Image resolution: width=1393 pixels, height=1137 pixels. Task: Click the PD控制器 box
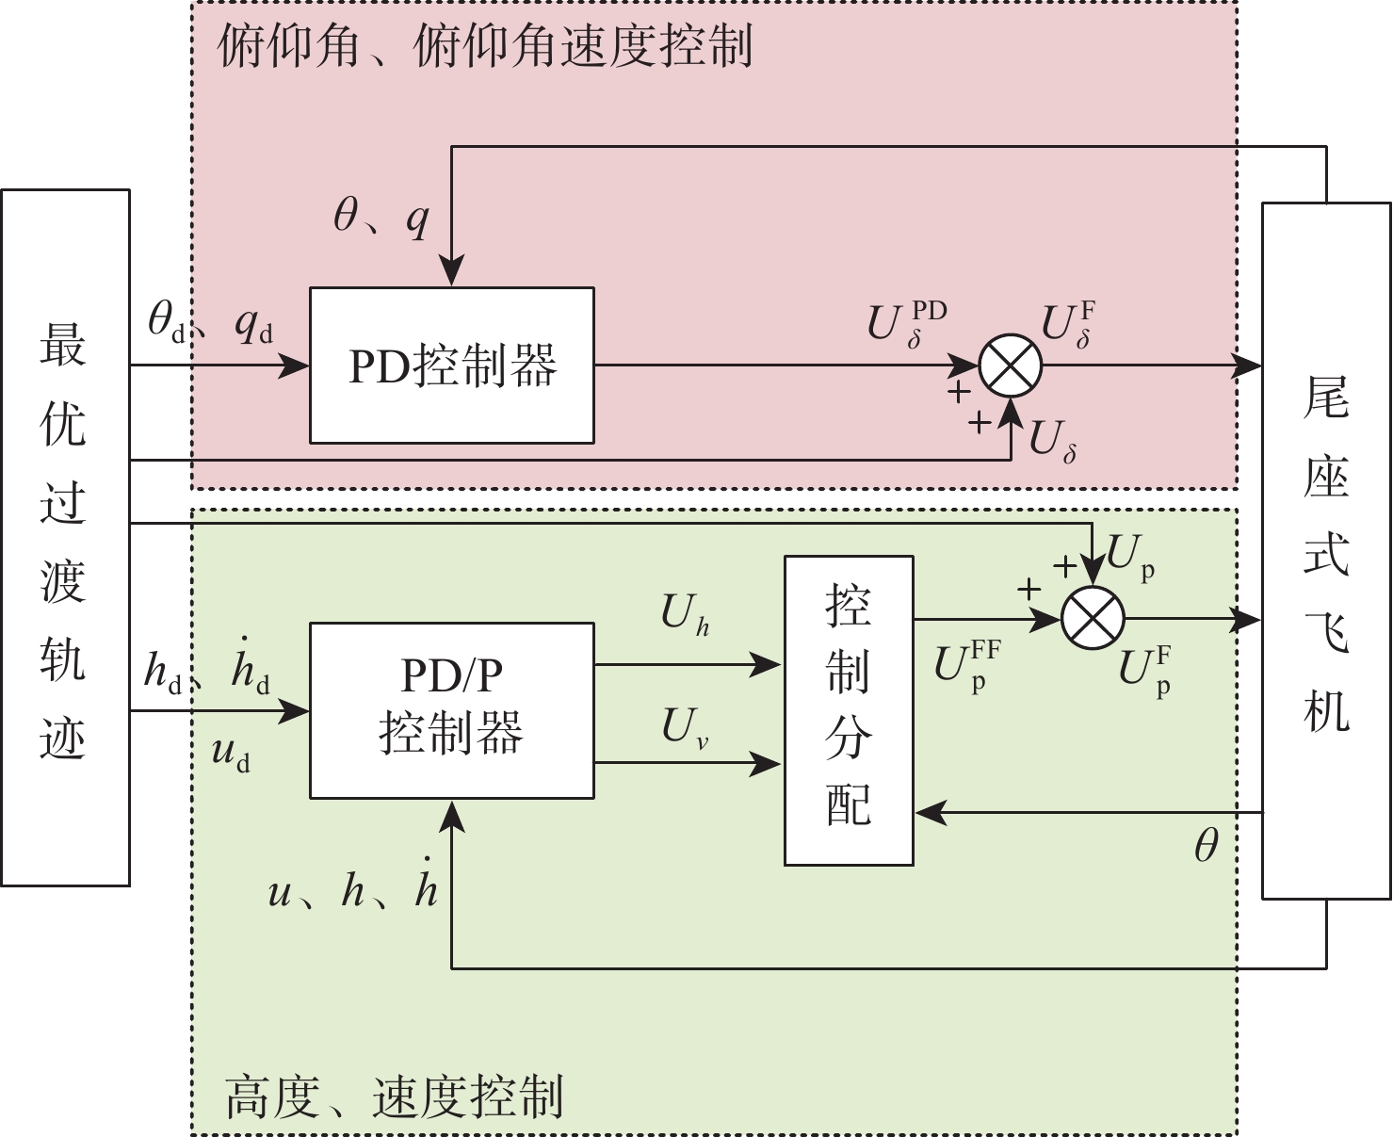[x=452, y=365]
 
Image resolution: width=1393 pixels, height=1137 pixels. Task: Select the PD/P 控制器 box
[x=452, y=709]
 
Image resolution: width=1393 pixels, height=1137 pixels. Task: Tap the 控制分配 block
[x=849, y=709]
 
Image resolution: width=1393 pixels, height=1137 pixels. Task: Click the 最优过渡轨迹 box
[x=64, y=537]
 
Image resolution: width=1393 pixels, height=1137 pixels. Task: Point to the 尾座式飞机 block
[x=1326, y=551]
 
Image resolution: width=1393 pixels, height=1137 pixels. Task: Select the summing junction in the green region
[x=1093, y=619]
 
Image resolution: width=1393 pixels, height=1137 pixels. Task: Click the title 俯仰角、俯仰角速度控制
[x=485, y=45]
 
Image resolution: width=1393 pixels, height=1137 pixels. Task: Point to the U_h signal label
[x=685, y=615]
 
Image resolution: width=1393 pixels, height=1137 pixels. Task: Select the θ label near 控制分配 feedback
[x=1207, y=846]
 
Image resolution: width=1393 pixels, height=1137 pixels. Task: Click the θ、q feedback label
[x=381, y=219]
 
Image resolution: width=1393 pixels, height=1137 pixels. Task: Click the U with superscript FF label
[x=966, y=664]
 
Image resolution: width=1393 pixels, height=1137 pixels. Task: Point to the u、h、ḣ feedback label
[x=353, y=888]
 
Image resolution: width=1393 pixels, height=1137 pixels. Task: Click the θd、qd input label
[x=210, y=324]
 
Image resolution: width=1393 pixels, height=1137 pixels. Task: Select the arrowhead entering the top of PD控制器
[x=452, y=275]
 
